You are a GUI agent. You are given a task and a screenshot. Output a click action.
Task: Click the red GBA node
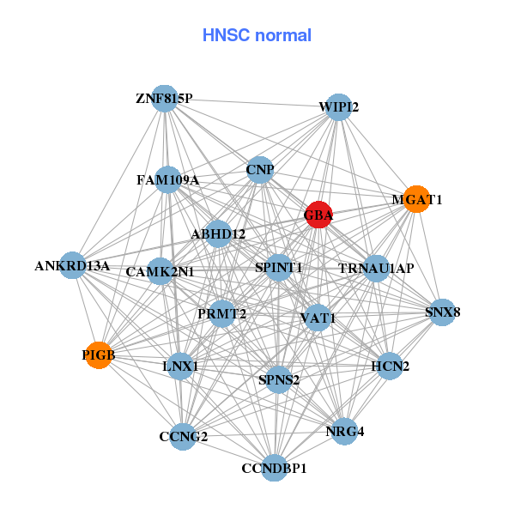point(318,215)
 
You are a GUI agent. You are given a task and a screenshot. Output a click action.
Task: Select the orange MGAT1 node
point(416,199)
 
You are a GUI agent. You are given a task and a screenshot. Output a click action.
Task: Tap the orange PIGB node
point(100,354)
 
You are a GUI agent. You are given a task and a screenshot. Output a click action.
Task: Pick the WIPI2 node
point(339,107)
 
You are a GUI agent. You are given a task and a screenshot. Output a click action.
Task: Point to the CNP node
point(259,170)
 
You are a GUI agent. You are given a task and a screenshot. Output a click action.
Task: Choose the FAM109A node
point(168,180)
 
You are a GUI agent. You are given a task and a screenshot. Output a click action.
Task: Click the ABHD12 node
point(218,233)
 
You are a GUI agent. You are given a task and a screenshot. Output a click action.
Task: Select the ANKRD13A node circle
point(74,266)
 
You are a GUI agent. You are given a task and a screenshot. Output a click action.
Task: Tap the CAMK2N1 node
point(161,272)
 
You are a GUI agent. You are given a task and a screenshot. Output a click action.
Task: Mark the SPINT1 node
point(279,268)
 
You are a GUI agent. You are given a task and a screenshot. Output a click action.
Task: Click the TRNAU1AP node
point(376,269)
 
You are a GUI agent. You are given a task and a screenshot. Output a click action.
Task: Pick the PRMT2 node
point(222,314)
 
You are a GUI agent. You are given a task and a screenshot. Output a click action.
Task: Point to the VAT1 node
point(318,318)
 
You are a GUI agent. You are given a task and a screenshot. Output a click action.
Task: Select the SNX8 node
point(442,312)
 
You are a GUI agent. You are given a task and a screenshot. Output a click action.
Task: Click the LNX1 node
point(180,367)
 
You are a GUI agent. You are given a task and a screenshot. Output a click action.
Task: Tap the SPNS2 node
point(279,379)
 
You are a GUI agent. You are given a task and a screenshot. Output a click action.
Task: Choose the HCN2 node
point(390,367)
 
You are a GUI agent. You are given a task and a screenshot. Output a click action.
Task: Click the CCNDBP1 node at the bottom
point(274,468)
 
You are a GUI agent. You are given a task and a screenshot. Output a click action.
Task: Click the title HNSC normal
point(257,35)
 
